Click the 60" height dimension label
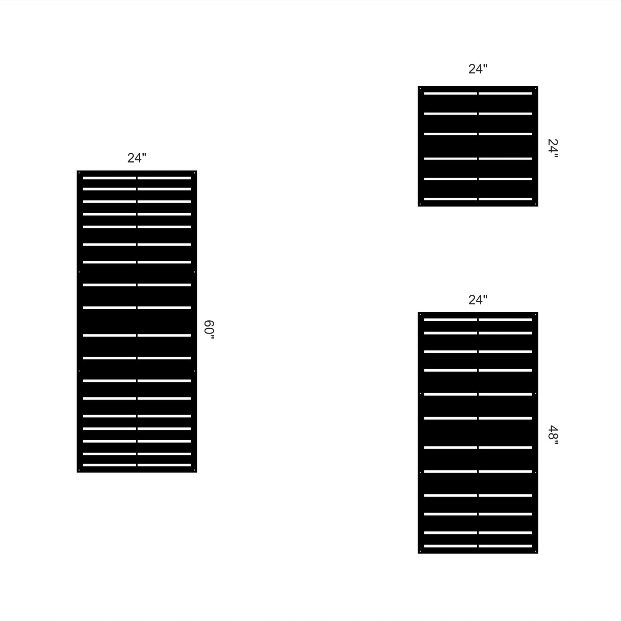pyautogui.click(x=209, y=330)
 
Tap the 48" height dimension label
pyautogui.click(x=553, y=435)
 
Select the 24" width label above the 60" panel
pyautogui.click(x=137, y=158)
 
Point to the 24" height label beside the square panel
pyautogui.click(x=553, y=148)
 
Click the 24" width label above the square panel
pyautogui.click(x=478, y=69)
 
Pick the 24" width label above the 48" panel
pyautogui.click(x=478, y=300)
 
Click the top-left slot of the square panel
pyautogui.click(x=451, y=94)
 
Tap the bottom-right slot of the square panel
pyautogui.click(x=505, y=199)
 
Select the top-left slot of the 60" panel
pyautogui.click(x=110, y=178)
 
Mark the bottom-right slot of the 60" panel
pyautogui.click(x=164, y=465)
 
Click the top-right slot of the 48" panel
pyautogui.click(x=505, y=320)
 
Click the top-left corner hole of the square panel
pyautogui.click(x=420, y=88)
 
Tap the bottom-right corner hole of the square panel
pyautogui.click(x=535, y=204)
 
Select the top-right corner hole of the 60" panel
pyautogui.click(x=194, y=173)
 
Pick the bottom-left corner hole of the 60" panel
pyautogui.click(x=79, y=470)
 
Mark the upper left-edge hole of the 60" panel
pyautogui.click(x=79, y=272)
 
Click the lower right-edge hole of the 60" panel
pyautogui.click(x=194, y=371)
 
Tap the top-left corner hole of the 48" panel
pyautogui.click(x=420, y=314)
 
